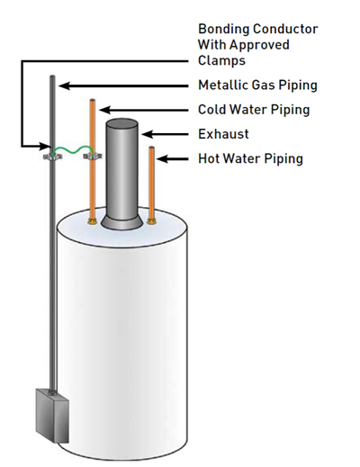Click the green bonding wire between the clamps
pyautogui.click(x=73, y=149)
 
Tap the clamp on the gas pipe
pyautogui.click(x=52, y=157)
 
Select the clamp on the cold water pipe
pyautogui.click(x=93, y=156)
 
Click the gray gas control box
pyautogui.click(x=52, y=416)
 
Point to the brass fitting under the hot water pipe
pyautogui.click(x=151, y=221)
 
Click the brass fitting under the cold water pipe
pyautogui.click(x=92, y=222)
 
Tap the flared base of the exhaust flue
pyautogui.click(x=121, y=222)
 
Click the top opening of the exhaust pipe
pyautogui.click(x=121, y=122)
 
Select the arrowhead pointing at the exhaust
pyautogui.click(x=147, y=134)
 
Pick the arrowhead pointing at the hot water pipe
pyautogui.click(x=162, y=158)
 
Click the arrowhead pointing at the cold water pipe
pyautogui.click(x=104, y=110)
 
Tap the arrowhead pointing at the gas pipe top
pyautogui.click(x=65, y=85)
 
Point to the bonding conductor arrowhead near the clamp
pyautogui.click(x=45, y=147)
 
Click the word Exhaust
pyautogui.click(x=223, y=134)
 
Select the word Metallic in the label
pyautogui.click(x=223, y=85)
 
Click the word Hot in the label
pyautogui.click(x=209, y=158)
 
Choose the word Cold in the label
pyautogui.click(x=211, y=110)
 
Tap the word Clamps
pyautogui.click(x=221, y=60)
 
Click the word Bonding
pyautogui.click(x=224, y=30)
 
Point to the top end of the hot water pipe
pyautogui.click(x=152, y=148)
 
